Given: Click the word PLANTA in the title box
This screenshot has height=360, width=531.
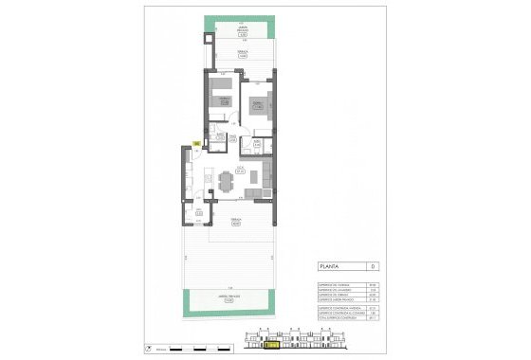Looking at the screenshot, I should tap(332, 267).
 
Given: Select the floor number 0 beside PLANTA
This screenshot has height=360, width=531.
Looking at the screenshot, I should tap(375, 267).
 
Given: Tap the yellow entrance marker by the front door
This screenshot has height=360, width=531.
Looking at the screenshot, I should tap(195, 143).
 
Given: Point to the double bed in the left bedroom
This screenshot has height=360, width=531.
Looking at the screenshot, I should tap(224, 102).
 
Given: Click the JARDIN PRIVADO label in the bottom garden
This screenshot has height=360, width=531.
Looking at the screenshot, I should tap(229, 297).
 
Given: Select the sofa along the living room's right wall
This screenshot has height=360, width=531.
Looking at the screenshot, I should tap(268, 172).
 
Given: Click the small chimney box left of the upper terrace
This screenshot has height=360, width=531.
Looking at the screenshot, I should tap(208, 41).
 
